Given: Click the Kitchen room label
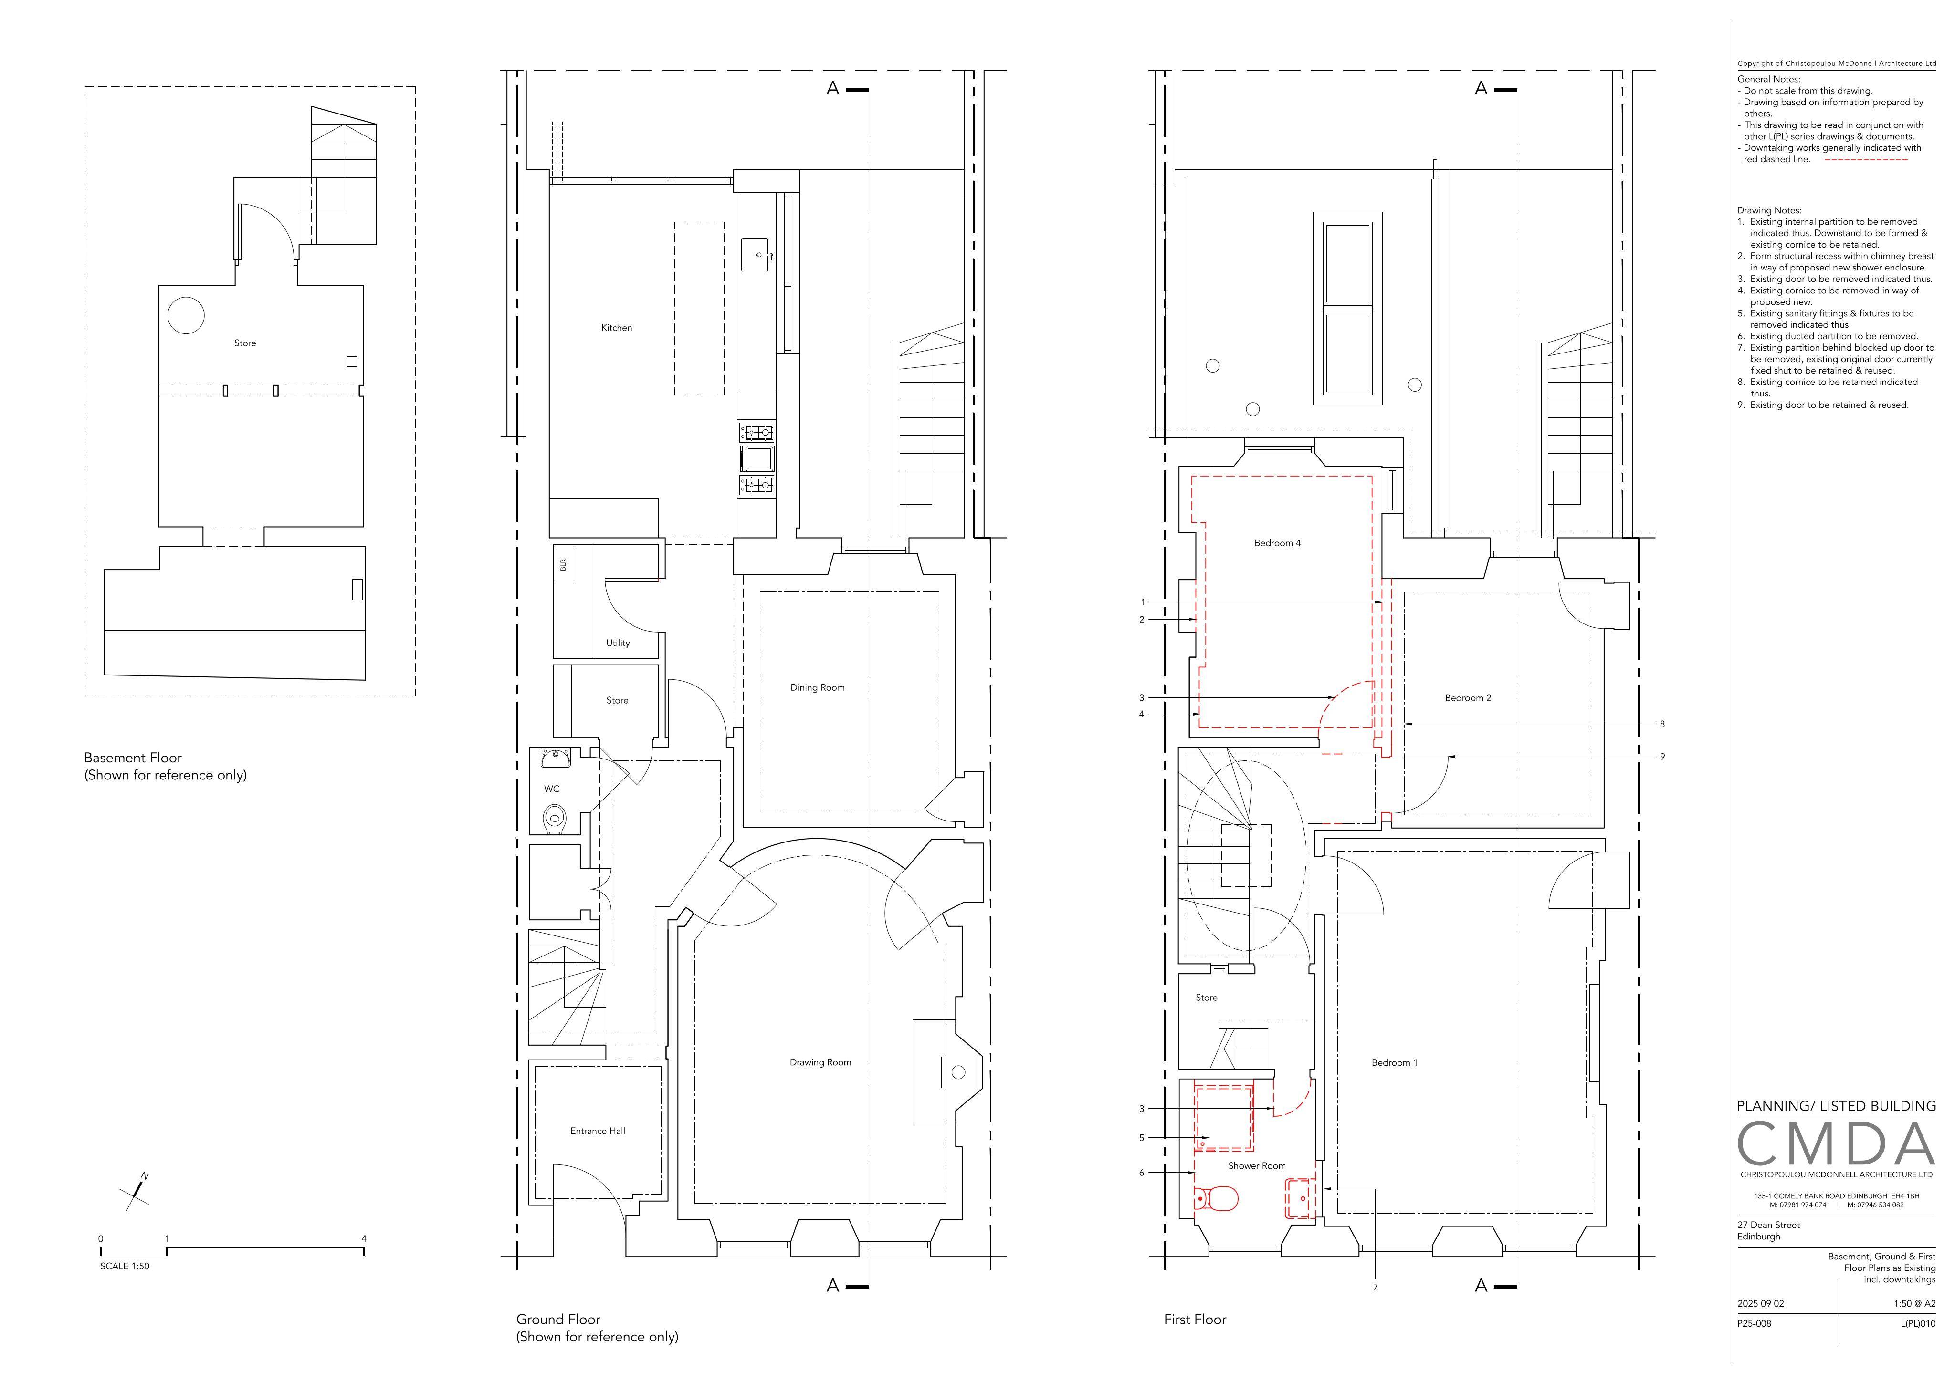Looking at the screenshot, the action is pos(617,328).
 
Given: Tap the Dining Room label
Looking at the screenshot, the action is pos(818,687).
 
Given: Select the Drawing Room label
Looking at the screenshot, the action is pos(820,1062).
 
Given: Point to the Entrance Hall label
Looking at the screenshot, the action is pos(598,1131).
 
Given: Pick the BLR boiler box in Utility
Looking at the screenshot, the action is pos(563,564).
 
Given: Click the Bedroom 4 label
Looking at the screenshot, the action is pos(1277,543).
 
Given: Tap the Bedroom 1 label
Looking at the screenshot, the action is pos(1395,1063).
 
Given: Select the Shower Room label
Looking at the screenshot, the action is pos(1257,1166).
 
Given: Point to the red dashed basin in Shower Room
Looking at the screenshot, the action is pos(1300,1198).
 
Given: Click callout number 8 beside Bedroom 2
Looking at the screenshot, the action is pos(1662,724).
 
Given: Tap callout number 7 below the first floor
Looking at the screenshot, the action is pos(1375,1288).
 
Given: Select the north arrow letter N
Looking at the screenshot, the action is pos(145,1176).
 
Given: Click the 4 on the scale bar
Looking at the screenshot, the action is pos(364,1239).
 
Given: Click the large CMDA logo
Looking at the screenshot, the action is pos(1836,1144).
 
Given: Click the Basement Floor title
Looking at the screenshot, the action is pos(133,758).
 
